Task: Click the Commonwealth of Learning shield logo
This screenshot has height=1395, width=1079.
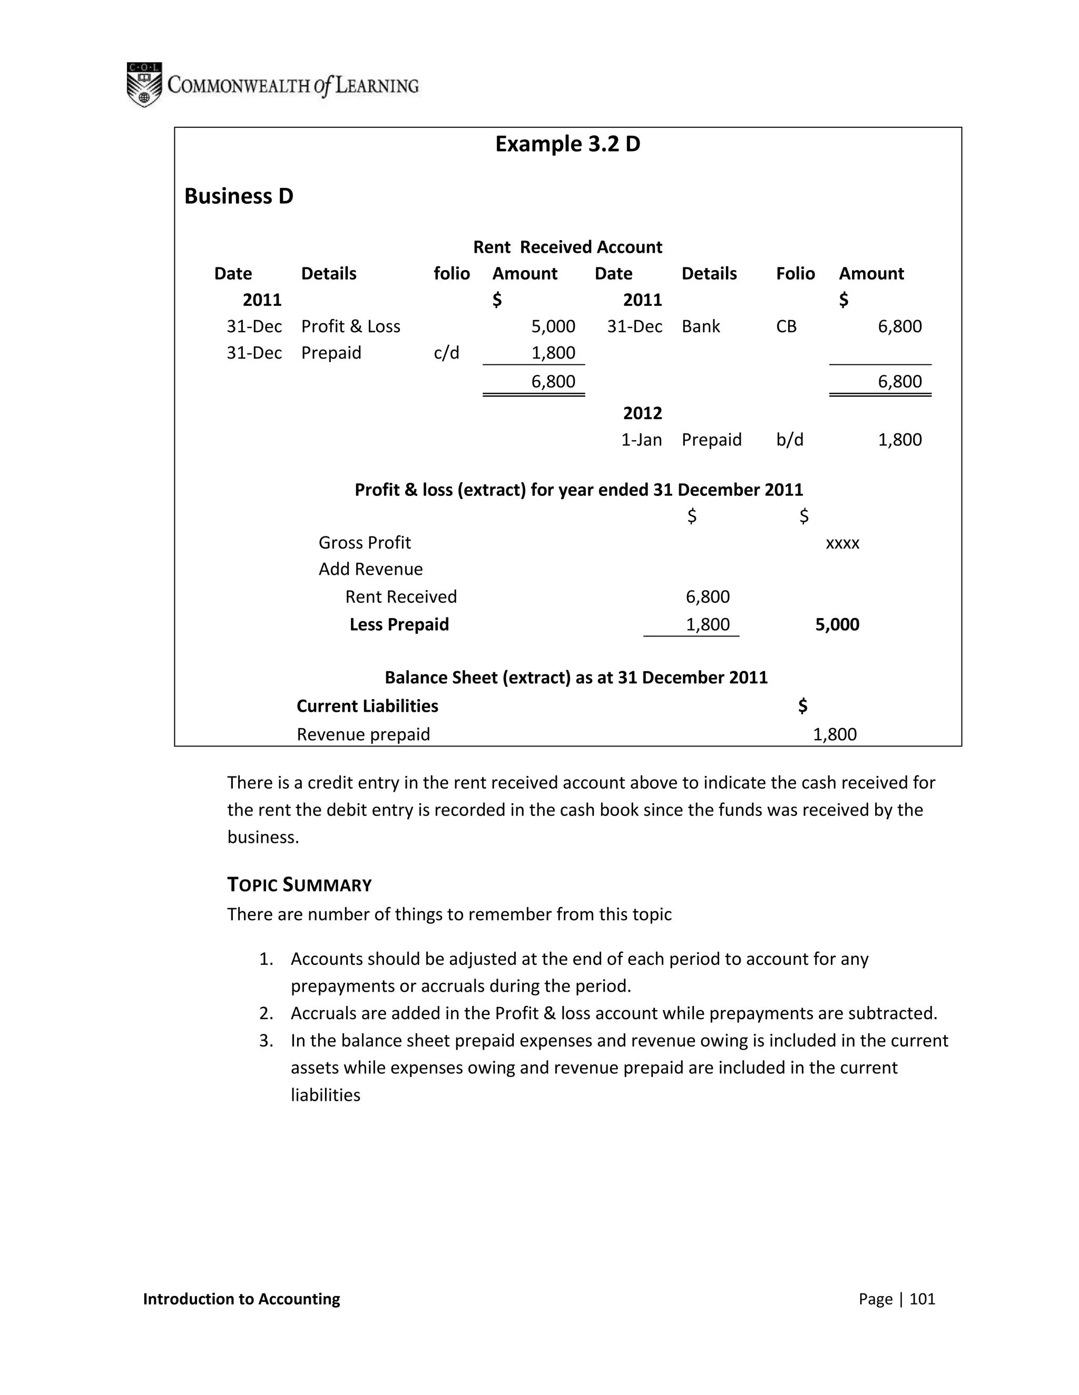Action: (144, 84)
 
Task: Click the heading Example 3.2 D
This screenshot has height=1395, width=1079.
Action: (567, 144)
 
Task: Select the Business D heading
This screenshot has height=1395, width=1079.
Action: (239, 196)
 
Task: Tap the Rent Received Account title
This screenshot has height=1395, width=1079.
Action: (567, 247)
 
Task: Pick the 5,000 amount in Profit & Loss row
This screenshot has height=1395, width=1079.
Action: (553, 326)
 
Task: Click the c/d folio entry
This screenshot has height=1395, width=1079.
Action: (446, 353)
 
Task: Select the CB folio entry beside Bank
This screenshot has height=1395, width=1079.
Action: (786, 326)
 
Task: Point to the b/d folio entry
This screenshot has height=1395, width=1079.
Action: (789, 440)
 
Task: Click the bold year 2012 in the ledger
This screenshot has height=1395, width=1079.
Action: (642, 413)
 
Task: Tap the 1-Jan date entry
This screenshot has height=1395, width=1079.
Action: (641, 440)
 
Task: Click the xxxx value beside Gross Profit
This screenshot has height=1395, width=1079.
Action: (842, 544)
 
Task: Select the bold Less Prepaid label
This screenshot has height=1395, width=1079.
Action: (399, 625)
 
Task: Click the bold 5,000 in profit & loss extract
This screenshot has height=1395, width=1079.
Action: (837, 625)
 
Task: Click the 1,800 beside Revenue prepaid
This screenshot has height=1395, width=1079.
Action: (834, 734)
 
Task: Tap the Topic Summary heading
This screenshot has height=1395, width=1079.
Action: (299, 885)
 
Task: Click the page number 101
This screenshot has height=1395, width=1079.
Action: (922, 1299)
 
